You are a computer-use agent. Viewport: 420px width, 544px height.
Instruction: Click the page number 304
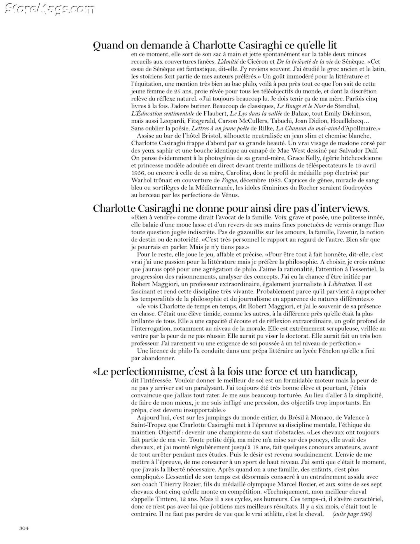pos(24,528)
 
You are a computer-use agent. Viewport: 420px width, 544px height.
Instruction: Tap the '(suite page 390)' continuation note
pos(352,514)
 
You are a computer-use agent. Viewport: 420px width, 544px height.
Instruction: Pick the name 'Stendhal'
pos(347,106)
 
